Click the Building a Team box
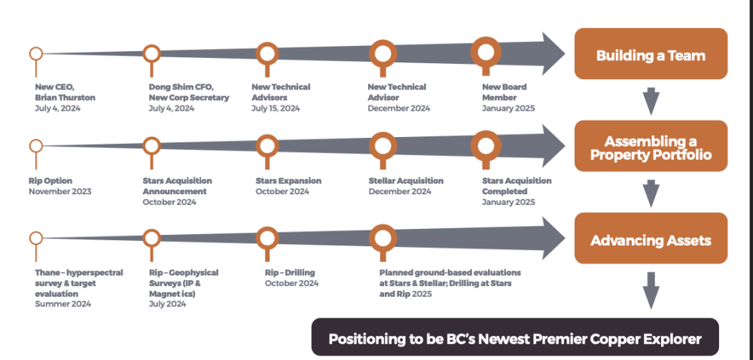[x=651, y=53]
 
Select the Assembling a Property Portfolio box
[x=651, y=146]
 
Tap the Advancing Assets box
[x=651, y=238]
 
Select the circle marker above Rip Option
[x=36, y=140]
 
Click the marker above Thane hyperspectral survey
[x=36, y=232]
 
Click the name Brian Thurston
[x=65, y=97]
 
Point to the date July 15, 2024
[x=276, y=108]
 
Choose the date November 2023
[x=60, y=191]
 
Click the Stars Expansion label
[x=288, y=181]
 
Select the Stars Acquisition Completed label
[x=517, y=186]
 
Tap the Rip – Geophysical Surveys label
[x=184, y=283]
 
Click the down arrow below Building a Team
[x=651, y=101]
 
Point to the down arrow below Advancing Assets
[x=651, y=291]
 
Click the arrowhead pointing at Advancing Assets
[x=551, y=238]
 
